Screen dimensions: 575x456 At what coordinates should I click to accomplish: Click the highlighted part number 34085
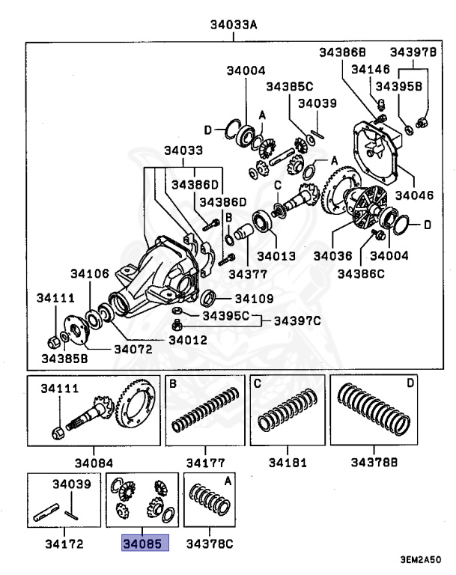point(146,543)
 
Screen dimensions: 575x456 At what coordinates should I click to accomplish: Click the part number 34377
point(248,275)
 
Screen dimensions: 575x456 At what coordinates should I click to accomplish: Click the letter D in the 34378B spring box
point(410,383)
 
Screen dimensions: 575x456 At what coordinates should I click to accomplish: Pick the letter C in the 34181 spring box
point(256,383)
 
